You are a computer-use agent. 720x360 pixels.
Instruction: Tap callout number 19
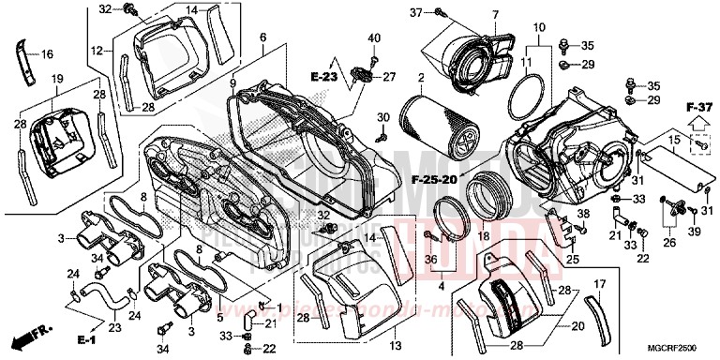pyautogui.click(x=55, y=79)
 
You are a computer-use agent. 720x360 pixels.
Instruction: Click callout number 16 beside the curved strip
pyautogui.click(x=47, y=54)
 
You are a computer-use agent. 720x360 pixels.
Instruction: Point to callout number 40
pyautogui.click(x=374, y=37)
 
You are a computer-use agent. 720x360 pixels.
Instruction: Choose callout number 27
pyautogui.click(x=388, y=77)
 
